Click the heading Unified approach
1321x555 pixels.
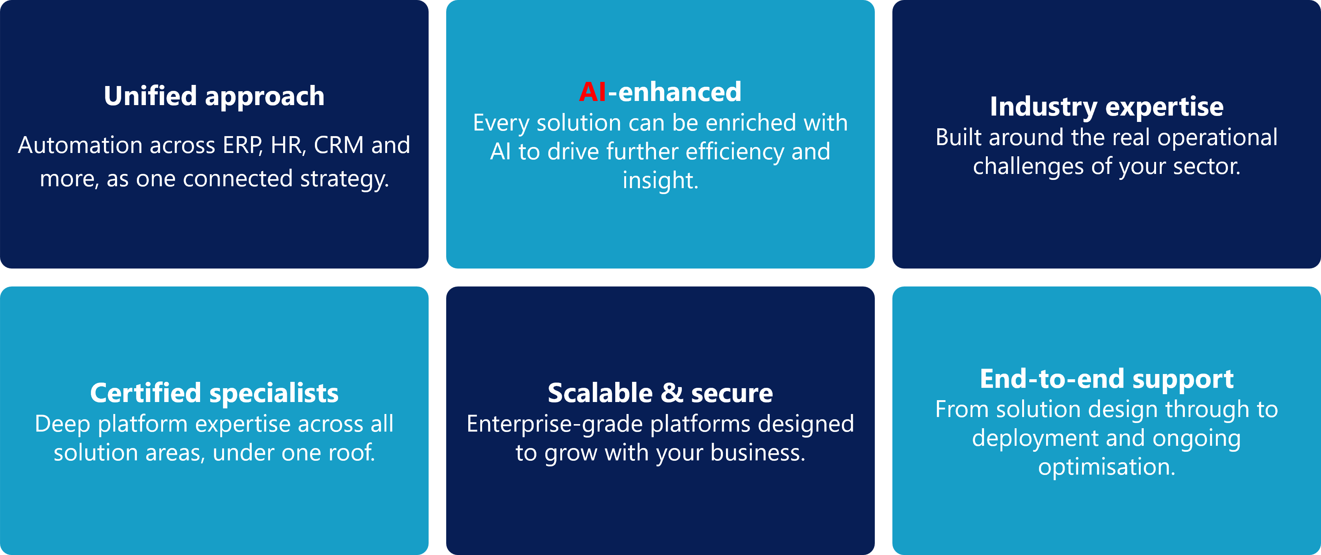pos(214,96)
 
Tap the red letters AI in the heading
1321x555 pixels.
pos(593,92)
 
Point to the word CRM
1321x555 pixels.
pos(338,145)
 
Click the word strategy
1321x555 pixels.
pos(344,180)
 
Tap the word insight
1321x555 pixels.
pos(660,181)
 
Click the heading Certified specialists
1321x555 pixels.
pos(214,394)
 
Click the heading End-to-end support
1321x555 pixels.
pos(1107,380)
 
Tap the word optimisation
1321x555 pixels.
pos(1107,467)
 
